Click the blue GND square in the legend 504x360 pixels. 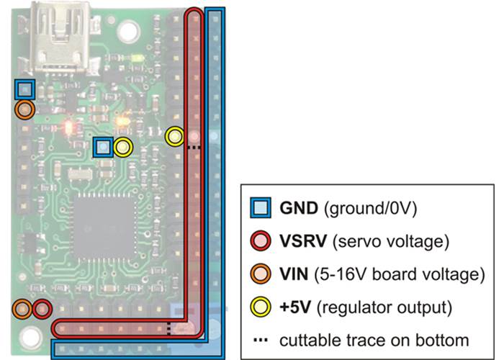pyautogui.click(x=260, y=210)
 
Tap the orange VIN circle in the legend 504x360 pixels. pyautogui.click(x=260, y=274)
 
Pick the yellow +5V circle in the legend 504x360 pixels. pyautogui.click(x=260, y=307)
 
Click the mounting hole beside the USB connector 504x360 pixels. pyautogui.click(x=130, y=31)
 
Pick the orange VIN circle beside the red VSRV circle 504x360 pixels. pyautogui.click(x=22, y=310)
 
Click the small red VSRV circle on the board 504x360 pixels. pyautogui.click(x=42, y=310)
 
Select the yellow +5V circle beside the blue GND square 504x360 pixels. pyautogui.click(x=123, y=148)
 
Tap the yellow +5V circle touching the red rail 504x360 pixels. pyautogui.click(x=175, y=135)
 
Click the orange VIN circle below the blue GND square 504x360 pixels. pyautogui.click(x=24, y=109)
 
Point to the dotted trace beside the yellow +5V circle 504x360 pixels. pyautogui.click(x=193, y=146)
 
